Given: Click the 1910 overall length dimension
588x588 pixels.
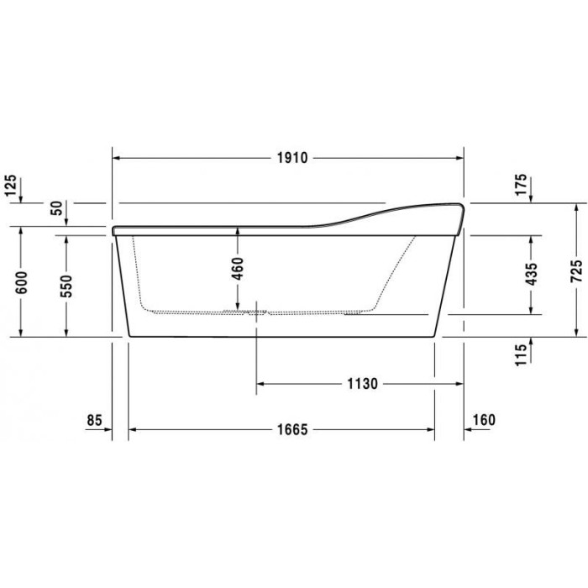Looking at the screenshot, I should pyautogui.click(x=288, y=157).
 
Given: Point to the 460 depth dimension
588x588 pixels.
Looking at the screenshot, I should pyautogui.click(x=238, y=269).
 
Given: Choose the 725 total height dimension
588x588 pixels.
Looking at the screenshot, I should pyautogui.click(x=575, y=269).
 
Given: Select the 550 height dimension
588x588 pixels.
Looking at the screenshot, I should pyautogui.click(x=67, y=285).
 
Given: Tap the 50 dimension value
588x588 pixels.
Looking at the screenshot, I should pyautogui.click(x=56, y=208).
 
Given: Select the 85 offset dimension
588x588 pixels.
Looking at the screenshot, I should pyautogui.click(x=94, y=419).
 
